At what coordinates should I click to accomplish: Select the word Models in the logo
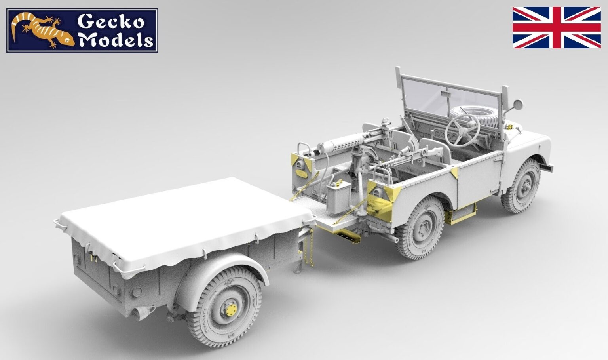coord(116,40)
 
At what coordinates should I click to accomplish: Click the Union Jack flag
coord(556,27)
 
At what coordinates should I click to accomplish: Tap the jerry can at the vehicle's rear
coord(337,196)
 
